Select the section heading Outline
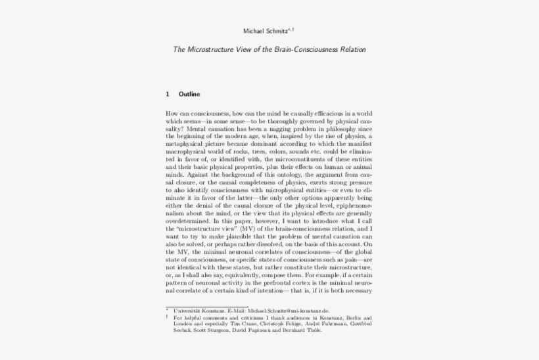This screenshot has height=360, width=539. (x=189, y=94)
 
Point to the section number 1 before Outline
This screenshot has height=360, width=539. (x=168, y=94)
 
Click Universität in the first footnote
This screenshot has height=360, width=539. (x=186, y=310)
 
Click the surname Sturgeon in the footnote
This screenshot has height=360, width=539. (x=213, y=330)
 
